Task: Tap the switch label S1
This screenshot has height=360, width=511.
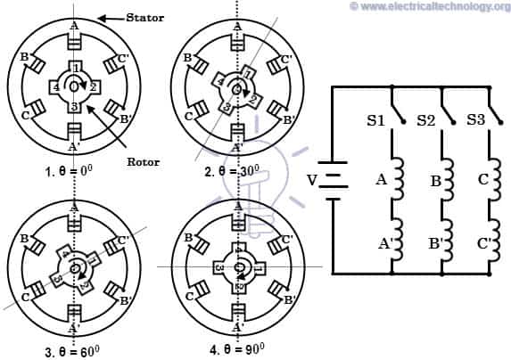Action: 375,119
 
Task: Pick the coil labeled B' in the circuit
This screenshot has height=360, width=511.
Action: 449,236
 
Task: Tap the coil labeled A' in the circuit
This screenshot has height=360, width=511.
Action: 397,236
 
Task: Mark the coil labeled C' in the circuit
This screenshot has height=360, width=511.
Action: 497,236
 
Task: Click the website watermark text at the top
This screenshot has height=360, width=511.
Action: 427,7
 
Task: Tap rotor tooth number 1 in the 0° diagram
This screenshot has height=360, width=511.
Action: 78,68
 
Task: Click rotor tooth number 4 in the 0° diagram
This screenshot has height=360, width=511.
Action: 56,87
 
